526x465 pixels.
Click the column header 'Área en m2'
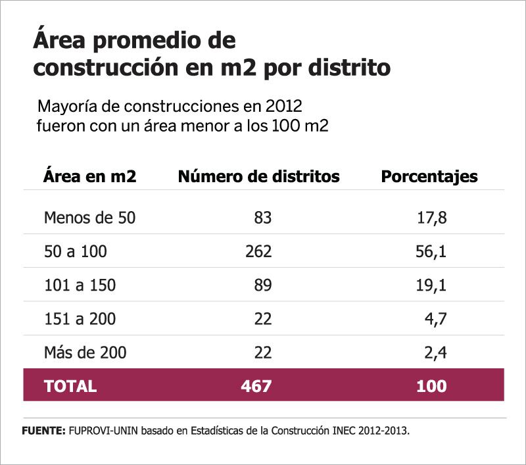pyautogui.click(x=89, y=177)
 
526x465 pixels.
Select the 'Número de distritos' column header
pyautogui.click(x=259, y=177)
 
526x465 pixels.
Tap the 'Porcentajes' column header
pyautogui.click(x=429, y=177)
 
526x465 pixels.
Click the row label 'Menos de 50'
pyautogui.click(x=89, y=218)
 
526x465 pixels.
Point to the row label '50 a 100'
pyautogui.click(x=75, y=251)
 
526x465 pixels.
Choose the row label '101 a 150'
pyautogui.click(x=80, y=285)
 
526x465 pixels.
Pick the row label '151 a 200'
pyautogui.click(x=80, y=319)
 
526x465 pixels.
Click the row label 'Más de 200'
pyautogui.click(x=85, y=353)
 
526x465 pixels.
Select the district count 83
pyautogui.click(x=262, y=218)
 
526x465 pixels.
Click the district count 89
pyautogui.click(x=262, y=285)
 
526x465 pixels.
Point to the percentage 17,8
pyautogui.click(x=432, y=218)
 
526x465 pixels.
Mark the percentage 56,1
pyautogui.click(x=432, y=251)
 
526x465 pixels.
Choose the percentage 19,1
pyautogui.click(x=432, y=285)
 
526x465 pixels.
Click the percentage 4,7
pyautogui.click(x=436, y=319)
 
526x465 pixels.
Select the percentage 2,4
pyautogui.click(x=436, y=353)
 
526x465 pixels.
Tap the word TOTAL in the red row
pyautogui.click(x=70, y=386)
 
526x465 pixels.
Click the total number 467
pyautogui.click(x=256, y=386)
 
